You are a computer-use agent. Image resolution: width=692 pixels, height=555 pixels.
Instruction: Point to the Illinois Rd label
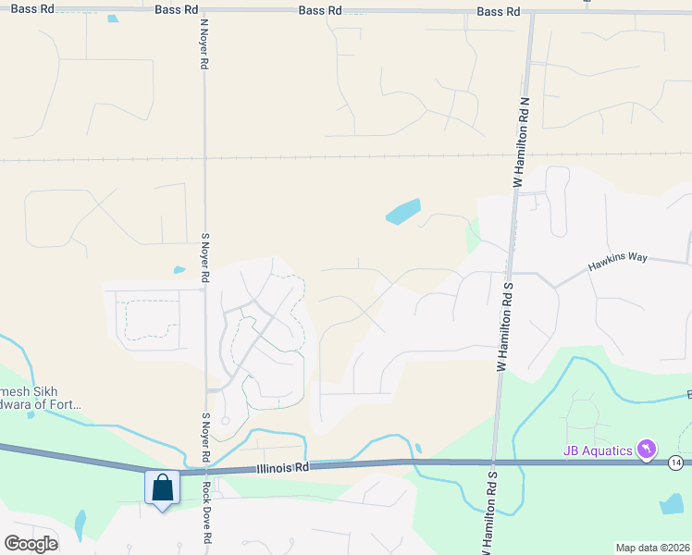[283, 468]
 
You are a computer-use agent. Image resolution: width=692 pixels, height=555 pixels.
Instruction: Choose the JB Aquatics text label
[598, 450]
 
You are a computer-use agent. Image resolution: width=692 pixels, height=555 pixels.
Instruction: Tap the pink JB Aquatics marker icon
[649, 450]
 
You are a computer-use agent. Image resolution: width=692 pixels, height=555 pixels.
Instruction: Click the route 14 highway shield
[677, 462]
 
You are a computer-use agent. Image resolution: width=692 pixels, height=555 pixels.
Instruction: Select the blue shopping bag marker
[162, 487]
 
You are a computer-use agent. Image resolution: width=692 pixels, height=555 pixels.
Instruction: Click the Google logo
[31, 543]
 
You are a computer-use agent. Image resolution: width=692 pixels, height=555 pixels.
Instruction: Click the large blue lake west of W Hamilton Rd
[402, 212]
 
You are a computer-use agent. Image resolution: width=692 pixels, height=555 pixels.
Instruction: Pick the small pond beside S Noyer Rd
[179, 270]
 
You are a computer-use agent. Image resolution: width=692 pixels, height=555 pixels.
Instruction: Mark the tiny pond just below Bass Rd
[113, 18]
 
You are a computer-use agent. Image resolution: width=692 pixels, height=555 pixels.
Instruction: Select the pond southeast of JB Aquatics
[671, 504]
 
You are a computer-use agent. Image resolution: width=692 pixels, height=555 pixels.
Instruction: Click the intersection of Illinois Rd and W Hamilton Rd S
[494, 462]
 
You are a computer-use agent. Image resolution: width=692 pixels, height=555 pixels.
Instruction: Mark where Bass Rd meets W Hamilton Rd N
[532, 13]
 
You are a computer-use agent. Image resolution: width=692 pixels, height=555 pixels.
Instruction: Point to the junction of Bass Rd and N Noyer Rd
[204, 10]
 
